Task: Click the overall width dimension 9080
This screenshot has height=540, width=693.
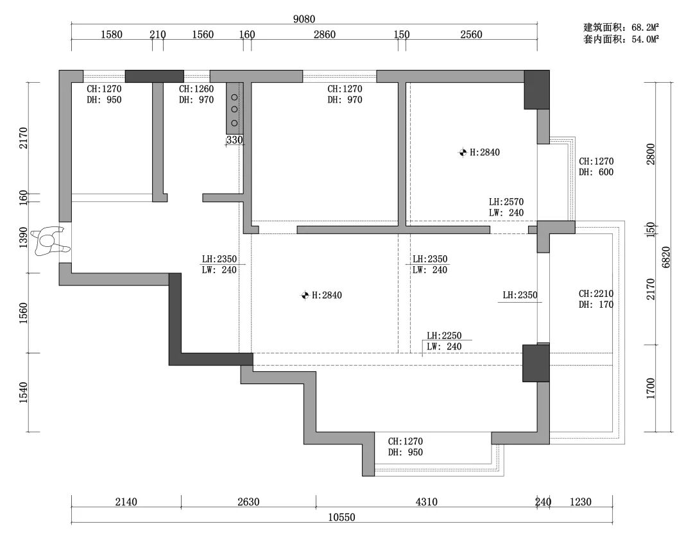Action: tap(304, 19)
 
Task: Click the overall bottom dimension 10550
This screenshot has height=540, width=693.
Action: tap(341, 517)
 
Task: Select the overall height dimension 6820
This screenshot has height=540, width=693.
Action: tap(667, 257)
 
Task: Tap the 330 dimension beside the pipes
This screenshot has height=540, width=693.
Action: tap(234, 140)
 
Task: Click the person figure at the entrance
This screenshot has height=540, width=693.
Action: tap(51, 242)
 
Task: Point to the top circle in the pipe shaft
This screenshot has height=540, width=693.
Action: tap(234, 97)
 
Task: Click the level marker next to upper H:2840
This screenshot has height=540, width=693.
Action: tap(463, 153)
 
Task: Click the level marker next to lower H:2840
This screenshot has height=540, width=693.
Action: tap(305, 295)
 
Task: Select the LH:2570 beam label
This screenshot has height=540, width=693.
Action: tap(506, 202)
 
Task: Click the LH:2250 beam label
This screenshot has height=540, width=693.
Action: tap(444, 336)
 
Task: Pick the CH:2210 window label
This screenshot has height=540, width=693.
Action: tap(596, 294)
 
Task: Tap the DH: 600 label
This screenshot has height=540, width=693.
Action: tap(596, 173)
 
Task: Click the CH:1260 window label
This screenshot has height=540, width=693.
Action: tap(196, 89)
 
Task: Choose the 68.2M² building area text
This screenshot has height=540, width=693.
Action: tap(646, 28)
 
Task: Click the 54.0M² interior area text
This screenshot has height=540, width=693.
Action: tap(646, 39)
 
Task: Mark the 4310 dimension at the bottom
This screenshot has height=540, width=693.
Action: tap(427, 502)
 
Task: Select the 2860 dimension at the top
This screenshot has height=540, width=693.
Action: tap(325, 35)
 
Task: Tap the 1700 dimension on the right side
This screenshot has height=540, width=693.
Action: tap(651, 389)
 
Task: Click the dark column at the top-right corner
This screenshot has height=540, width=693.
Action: tap(537, 89)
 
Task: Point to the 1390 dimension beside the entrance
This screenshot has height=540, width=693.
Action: tap(24, 238)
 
